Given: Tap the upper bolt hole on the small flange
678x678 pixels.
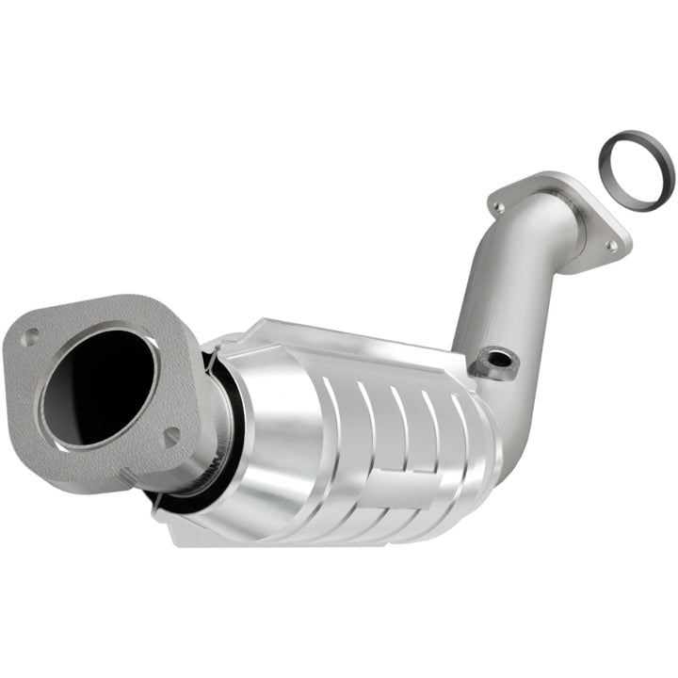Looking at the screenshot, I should [499, 203].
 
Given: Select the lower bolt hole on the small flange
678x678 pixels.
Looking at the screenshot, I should [611, 246].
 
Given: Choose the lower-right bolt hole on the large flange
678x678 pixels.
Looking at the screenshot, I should [170, 435].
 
